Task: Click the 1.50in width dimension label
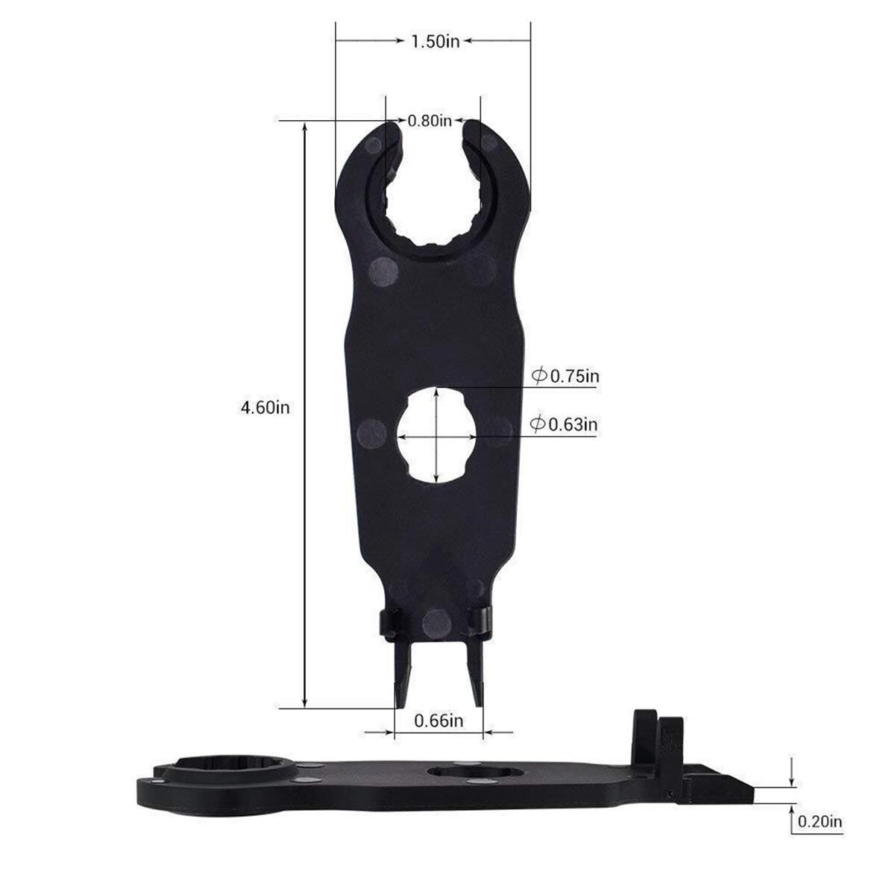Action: pyautogui.click(x=436, y=41)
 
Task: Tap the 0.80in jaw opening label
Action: pyautogui.click(x=430, y=120)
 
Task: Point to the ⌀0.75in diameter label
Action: pyautogui.click(x=566, y=376)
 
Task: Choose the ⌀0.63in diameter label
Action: pyautogui.click(x=565, y=424)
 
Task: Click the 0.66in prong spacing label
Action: pyautogui.click(x=439, y=720)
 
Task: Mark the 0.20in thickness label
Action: pyautogui.click(x=820, y=822)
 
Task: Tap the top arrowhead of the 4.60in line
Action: pyautogui.click(x=305, y=128)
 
